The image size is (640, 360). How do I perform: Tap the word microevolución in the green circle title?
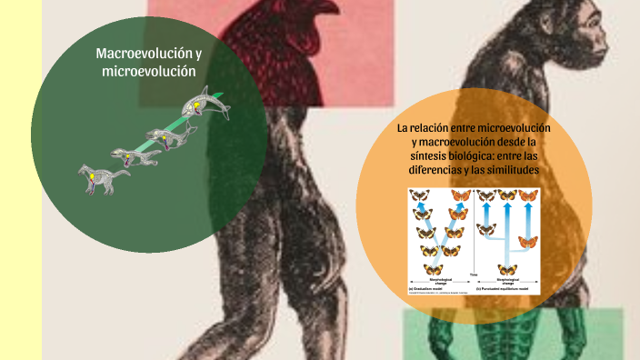[149, 71]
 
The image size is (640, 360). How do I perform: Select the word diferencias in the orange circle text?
[435, 170]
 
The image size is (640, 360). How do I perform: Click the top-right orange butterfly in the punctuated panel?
[528, 194]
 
